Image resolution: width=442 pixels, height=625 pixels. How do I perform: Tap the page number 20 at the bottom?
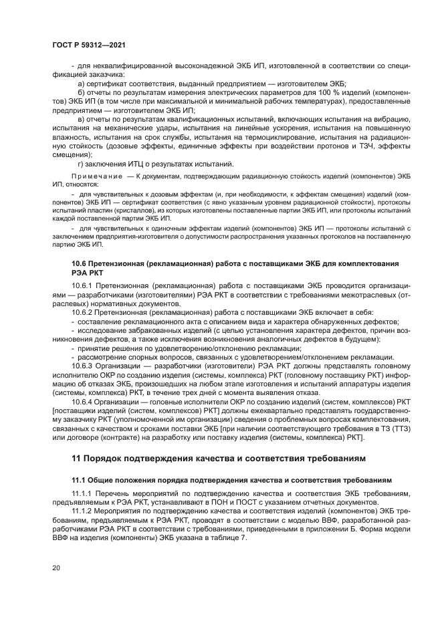(x=57, y=568)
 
